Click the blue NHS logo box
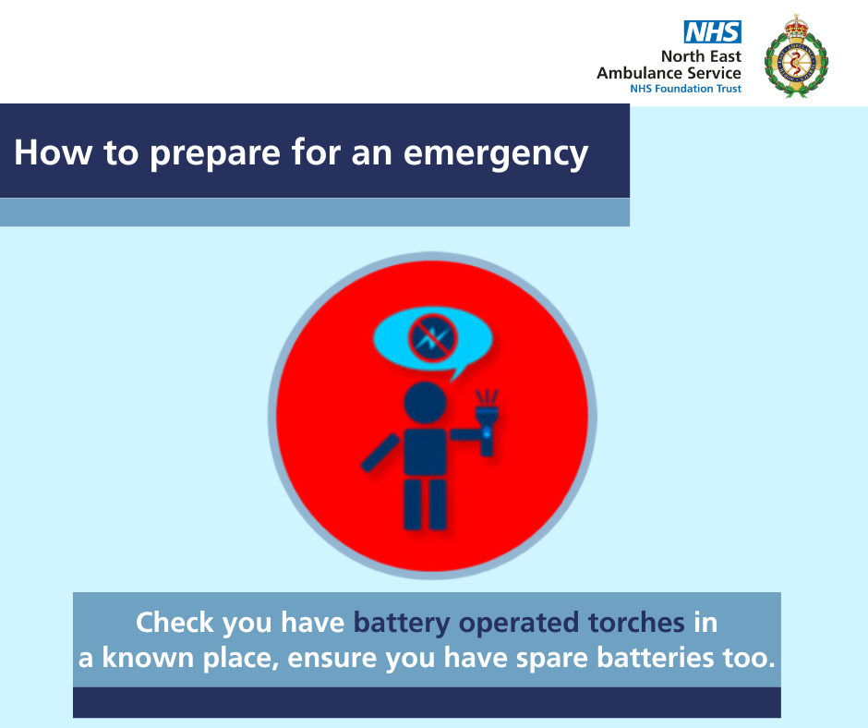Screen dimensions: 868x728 [x=713, y=32]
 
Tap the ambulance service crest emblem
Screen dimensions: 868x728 [x=796, y=56]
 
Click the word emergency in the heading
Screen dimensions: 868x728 [x=496, y=153]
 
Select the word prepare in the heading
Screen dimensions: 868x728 [x=215, y=154]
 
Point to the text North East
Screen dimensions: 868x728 [x=701, y=56]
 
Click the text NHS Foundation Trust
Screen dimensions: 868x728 [x=685, y=89]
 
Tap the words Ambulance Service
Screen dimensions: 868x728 [x=669, y=73]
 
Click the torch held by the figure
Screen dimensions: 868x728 [x=487, y=423]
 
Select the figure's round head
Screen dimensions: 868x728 [x=425, y=403]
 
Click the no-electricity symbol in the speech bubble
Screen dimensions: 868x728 [x=433, y=337]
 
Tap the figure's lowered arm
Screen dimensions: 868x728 [x=380, y=453]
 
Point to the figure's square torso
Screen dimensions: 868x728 [x=425, y=452]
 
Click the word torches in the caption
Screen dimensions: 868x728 [x=636, y=622]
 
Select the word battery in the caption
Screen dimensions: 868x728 [x=402, y=624]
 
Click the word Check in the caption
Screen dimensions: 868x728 [x=175, y=622]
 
